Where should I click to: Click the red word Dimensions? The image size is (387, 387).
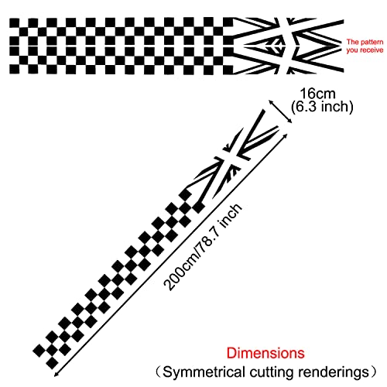coord(265,353)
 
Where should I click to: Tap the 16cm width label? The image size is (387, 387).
coord(317,94)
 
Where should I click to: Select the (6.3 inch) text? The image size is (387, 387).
coord(322,107)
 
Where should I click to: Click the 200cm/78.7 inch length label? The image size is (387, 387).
coord(203,247)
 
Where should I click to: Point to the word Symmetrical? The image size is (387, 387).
coord(204,372)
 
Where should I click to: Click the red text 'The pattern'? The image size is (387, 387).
coord(365,42)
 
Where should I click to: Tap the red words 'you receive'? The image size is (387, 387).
coord(365,50)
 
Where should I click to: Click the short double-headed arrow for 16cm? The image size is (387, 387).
coord(280,111)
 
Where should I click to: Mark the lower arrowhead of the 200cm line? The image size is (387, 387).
coord(57,375)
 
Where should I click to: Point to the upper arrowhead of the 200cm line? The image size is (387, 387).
coord(285,135)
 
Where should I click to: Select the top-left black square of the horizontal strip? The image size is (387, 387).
coord(15,22)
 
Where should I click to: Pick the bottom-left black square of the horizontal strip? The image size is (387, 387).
coord(15,69)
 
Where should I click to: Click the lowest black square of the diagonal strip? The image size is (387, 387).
coord(53,363)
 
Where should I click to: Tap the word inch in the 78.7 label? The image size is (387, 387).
coord(231,215)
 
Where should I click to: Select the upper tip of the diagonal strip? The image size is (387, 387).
coord(263,111)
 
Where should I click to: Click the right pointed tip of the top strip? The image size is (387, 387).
coord(341,46)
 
